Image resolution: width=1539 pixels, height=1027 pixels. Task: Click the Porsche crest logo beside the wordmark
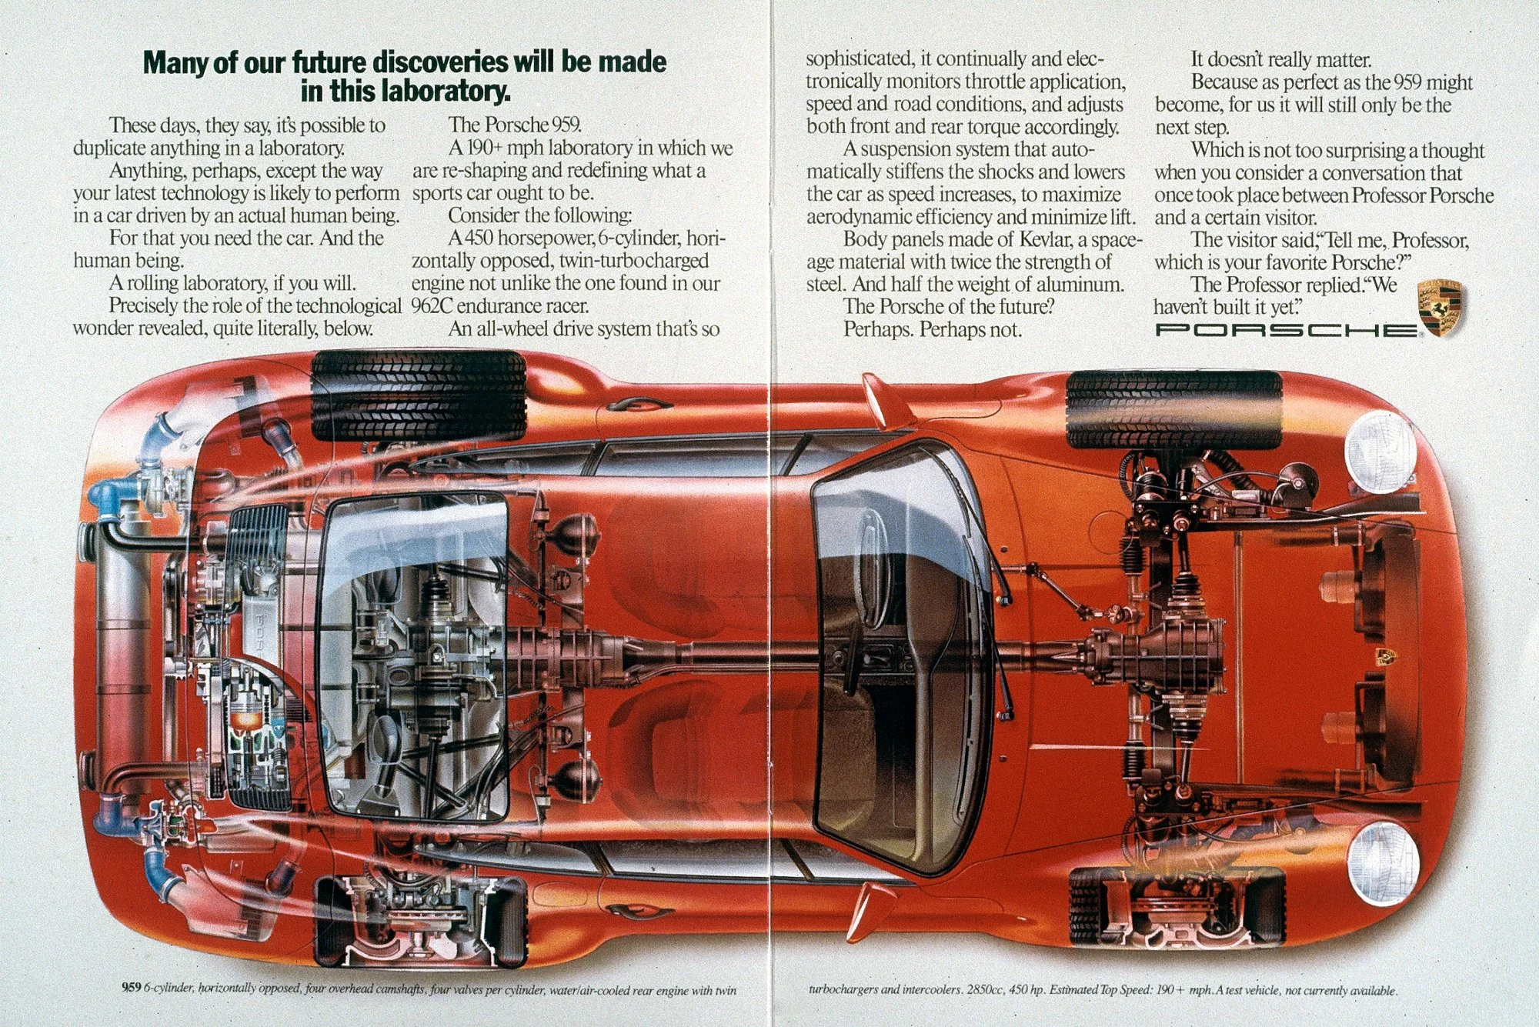(1441, 309)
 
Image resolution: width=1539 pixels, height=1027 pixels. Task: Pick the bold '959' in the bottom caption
(132, 989)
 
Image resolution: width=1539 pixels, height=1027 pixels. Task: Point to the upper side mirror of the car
(874, 400)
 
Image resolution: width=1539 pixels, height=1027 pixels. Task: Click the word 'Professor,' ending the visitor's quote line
(1431, 241)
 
